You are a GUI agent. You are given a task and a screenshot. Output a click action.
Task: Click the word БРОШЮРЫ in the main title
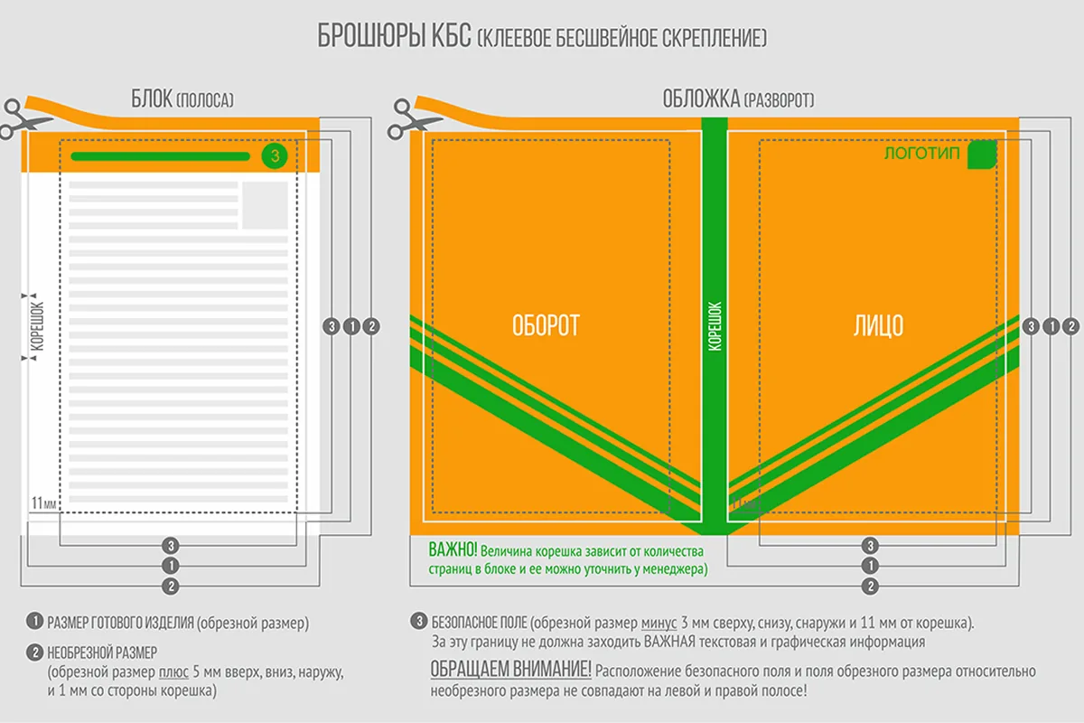[x=370, y=36]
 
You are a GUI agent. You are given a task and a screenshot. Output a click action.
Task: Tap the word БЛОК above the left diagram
[x=152, y=99]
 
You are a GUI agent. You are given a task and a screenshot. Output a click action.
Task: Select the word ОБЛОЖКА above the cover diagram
[x=701, y=99]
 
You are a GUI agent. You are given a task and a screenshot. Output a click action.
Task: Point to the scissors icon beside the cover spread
[x=409, y=119]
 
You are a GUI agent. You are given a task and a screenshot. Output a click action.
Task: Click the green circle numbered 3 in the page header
[x=275, y=156]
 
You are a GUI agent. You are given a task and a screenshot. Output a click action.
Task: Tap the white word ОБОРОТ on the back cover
[x=546, y=325]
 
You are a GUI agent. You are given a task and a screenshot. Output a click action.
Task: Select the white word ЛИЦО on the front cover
[x=878, y=325]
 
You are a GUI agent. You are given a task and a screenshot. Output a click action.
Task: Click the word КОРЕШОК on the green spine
[x=715, y=326]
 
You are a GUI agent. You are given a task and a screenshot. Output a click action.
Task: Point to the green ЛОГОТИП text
[x=921, y=154]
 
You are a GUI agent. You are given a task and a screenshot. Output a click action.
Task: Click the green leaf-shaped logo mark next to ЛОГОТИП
[x=982, y=155]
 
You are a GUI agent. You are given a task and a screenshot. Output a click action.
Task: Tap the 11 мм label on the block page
[x=44, y=503]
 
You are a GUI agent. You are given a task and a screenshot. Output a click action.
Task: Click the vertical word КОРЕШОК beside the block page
[x=37, y=326]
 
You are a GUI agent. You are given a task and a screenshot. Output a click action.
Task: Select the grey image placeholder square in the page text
[x=266, y=205]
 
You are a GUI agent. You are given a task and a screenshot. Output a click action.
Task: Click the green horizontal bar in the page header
[x=160, y=156]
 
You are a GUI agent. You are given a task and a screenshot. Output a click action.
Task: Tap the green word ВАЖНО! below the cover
[x=453, y=549]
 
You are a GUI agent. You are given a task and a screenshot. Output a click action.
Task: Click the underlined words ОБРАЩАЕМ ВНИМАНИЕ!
[x=511, y=670]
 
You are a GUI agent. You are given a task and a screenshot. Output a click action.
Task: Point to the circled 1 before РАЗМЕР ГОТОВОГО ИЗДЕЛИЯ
[x=35, y=621]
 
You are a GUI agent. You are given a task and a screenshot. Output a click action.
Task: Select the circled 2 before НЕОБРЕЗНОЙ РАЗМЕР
[x=35, y=653]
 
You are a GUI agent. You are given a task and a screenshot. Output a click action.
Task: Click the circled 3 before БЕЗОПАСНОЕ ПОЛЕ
[x=419, y=621]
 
